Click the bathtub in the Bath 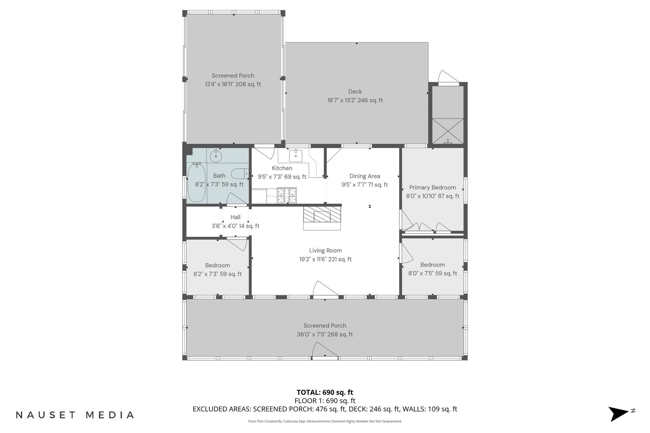click(x=197, y=182)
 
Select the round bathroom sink click(x=216, y=156)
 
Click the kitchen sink click(x=296, y=156)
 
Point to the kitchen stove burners click(x=287, y=195)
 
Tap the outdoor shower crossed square click(x=448, y=131)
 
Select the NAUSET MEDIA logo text click(x=75, y=415)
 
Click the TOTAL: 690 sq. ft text click(x=325, y=392)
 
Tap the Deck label click(x=355, y=92)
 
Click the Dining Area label click(x=364, y=176)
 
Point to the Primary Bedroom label click(x=432, y=187)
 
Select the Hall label click(x=235, y=217)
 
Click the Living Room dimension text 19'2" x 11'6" click(x=313, y=259)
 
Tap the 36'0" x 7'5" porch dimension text click(x=309, y=334)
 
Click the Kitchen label click(x=282, y=168)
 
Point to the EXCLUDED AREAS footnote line click(x=325, y=409)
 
